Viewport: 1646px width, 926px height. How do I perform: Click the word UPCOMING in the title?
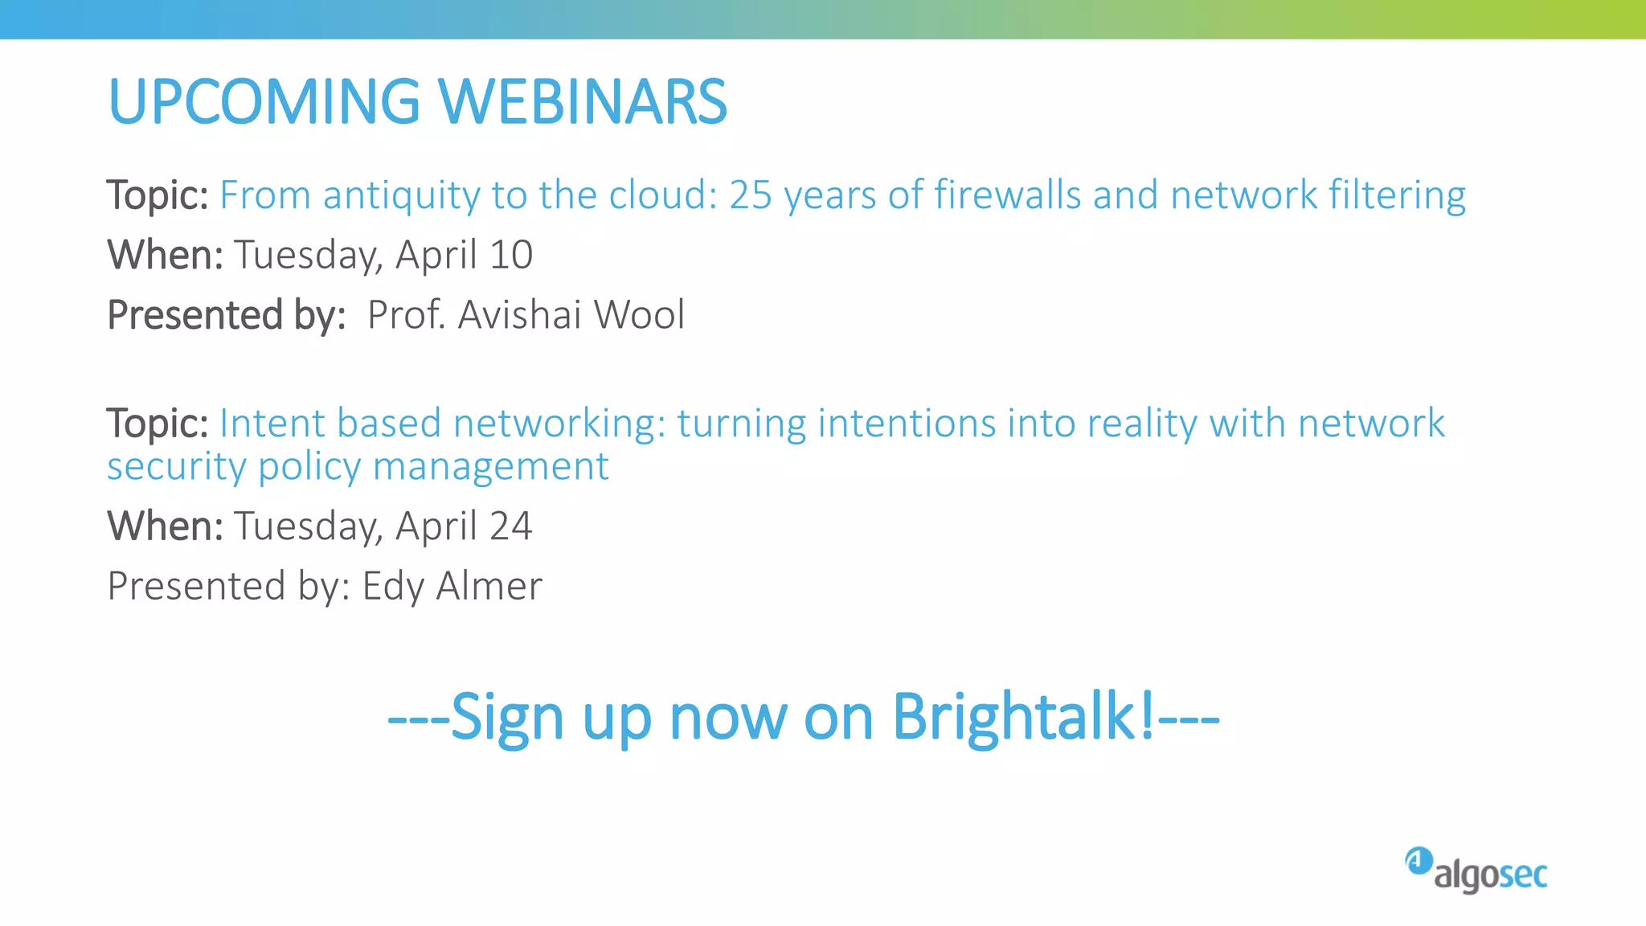click(264, 102)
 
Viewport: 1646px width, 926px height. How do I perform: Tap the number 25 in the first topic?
click(751, 195)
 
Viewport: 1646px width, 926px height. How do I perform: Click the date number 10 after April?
click(510, 255)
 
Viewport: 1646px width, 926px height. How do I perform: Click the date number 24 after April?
click(510, 527)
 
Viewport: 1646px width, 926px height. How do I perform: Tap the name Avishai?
click(519, 314)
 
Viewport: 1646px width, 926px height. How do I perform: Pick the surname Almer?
click(489, 586)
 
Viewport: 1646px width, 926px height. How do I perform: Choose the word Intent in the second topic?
click(272, 424)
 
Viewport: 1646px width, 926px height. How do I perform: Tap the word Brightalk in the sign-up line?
click(1022, 716)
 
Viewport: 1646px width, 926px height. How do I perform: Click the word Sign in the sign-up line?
click(506, 718)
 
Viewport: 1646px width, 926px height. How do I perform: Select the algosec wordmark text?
click(1490, 875)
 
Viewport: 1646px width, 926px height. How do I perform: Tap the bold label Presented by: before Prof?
click(227, 315)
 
